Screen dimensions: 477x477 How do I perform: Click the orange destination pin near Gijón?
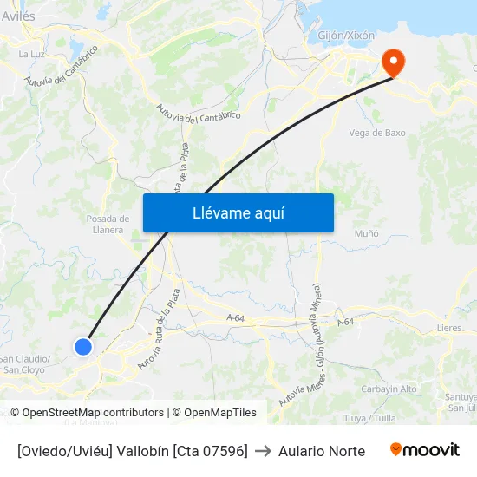[394, 62]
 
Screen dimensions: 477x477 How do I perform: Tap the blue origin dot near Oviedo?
[83, 347]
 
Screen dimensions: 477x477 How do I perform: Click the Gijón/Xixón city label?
[347, 36]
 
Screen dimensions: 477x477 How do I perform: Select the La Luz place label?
[32, 54]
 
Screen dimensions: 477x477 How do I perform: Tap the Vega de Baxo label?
[377, 133]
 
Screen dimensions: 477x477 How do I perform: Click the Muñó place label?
[367, 233]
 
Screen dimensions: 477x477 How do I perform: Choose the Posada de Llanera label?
[108, 224]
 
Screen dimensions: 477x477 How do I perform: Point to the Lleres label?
[449, 329]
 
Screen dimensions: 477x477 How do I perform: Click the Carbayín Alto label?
[389, 389]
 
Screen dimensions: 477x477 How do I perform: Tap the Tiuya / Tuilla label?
[369, 418]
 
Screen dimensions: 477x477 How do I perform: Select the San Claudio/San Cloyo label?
[25, 364]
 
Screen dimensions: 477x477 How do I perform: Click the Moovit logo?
[424, 450]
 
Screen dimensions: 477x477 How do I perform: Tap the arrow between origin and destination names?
[263, 451]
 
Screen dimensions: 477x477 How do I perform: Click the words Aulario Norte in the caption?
[321, 451]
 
